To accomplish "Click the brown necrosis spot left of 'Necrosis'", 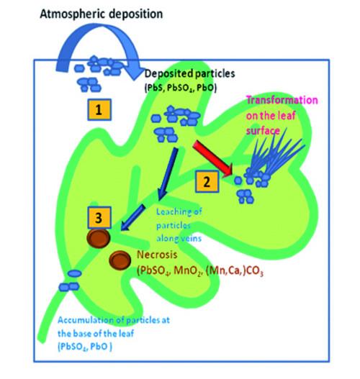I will (x=120, y=259).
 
